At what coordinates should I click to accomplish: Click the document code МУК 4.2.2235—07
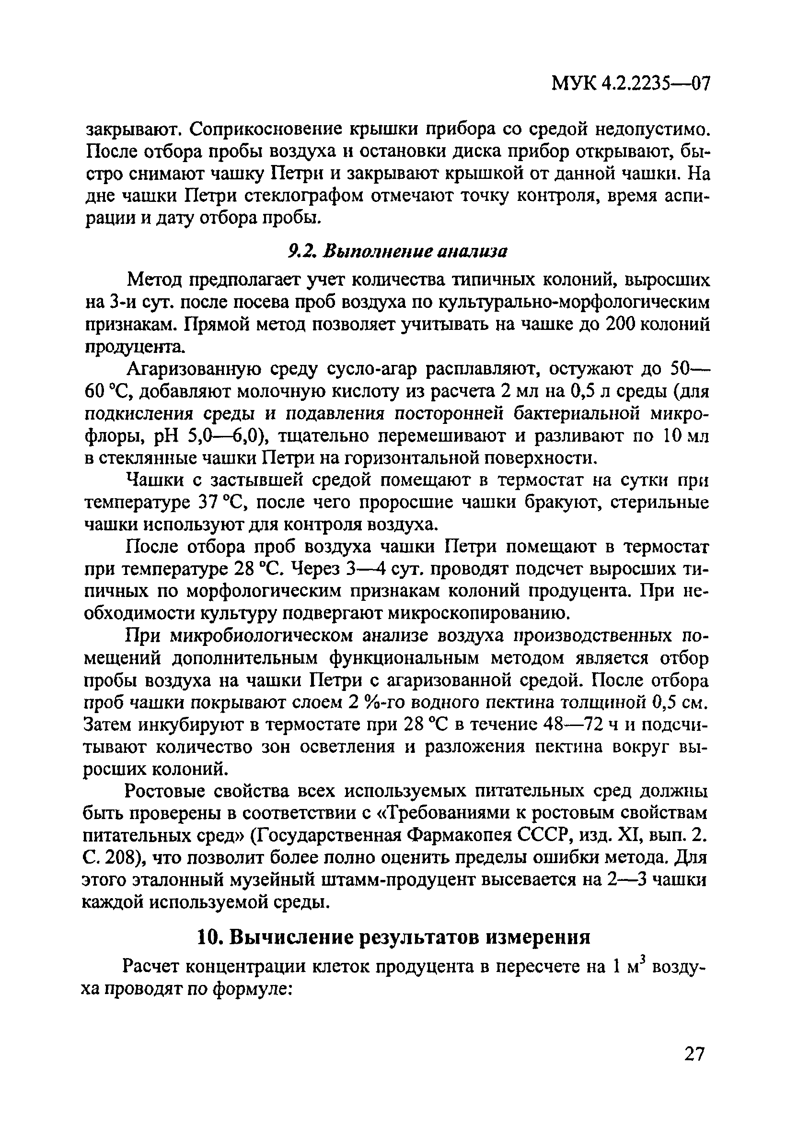pyautogui.click(x=630, y=84)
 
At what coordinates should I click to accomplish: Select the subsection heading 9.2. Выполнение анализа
pyautogui.click(x=397, y=252)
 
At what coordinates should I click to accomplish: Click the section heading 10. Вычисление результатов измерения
pyautogui.click(x=393, y=938)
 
